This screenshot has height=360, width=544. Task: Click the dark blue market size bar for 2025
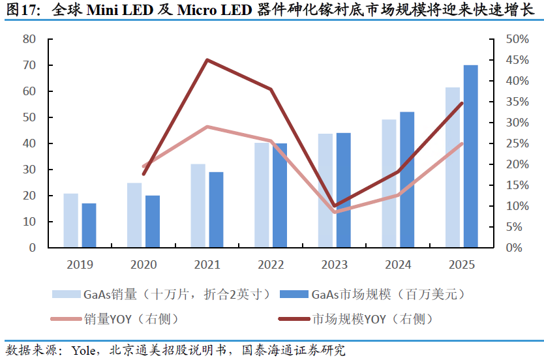[470, 157]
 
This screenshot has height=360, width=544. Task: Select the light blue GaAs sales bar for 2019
[71, 220]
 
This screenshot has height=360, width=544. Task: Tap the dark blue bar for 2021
[216, 210]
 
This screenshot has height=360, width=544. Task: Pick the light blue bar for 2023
[325, 190]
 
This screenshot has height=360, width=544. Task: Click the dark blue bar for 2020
[152, 222]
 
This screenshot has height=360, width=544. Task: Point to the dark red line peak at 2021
[207, 60]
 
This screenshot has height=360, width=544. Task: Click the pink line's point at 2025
[462, 143]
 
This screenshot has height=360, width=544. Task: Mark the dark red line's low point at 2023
[335, 206]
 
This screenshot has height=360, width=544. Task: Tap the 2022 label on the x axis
[271, 265]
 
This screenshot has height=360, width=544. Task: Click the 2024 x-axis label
[398, 265]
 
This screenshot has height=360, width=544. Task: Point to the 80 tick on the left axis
[29, 39]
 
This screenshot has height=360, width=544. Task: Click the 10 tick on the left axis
[29, 222]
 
